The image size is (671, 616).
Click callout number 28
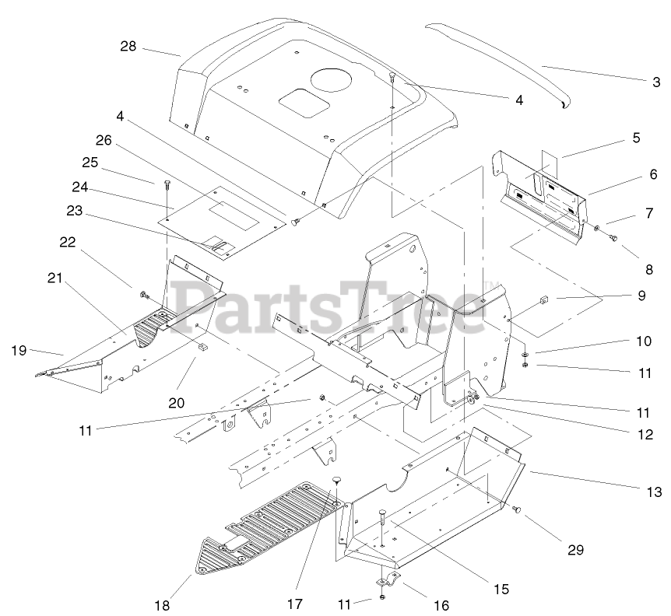(x=128, y=47)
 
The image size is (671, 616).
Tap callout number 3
(x=656, y=81)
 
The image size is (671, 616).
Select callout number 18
(x=162, y=604)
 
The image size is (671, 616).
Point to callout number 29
(x=574, y=550)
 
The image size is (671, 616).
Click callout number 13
(x=654, y=492)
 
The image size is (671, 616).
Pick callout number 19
(x=19, y=351)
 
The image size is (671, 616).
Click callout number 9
(x=641, y=296)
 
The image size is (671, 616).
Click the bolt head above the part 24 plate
(x=167, y=184)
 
